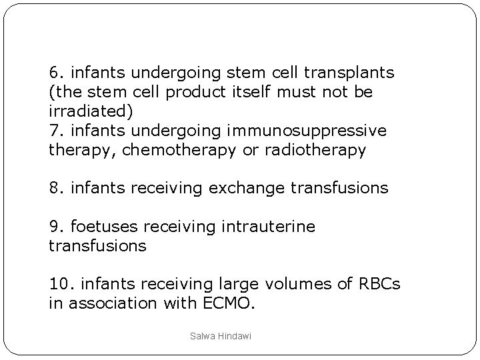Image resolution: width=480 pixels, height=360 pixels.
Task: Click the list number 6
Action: click(55, 71)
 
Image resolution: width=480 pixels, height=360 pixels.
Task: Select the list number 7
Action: click(55, 131)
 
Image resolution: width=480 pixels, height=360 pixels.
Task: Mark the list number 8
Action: click(55, 189)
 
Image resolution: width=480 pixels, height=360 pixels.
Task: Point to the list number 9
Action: click(55, 227)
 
